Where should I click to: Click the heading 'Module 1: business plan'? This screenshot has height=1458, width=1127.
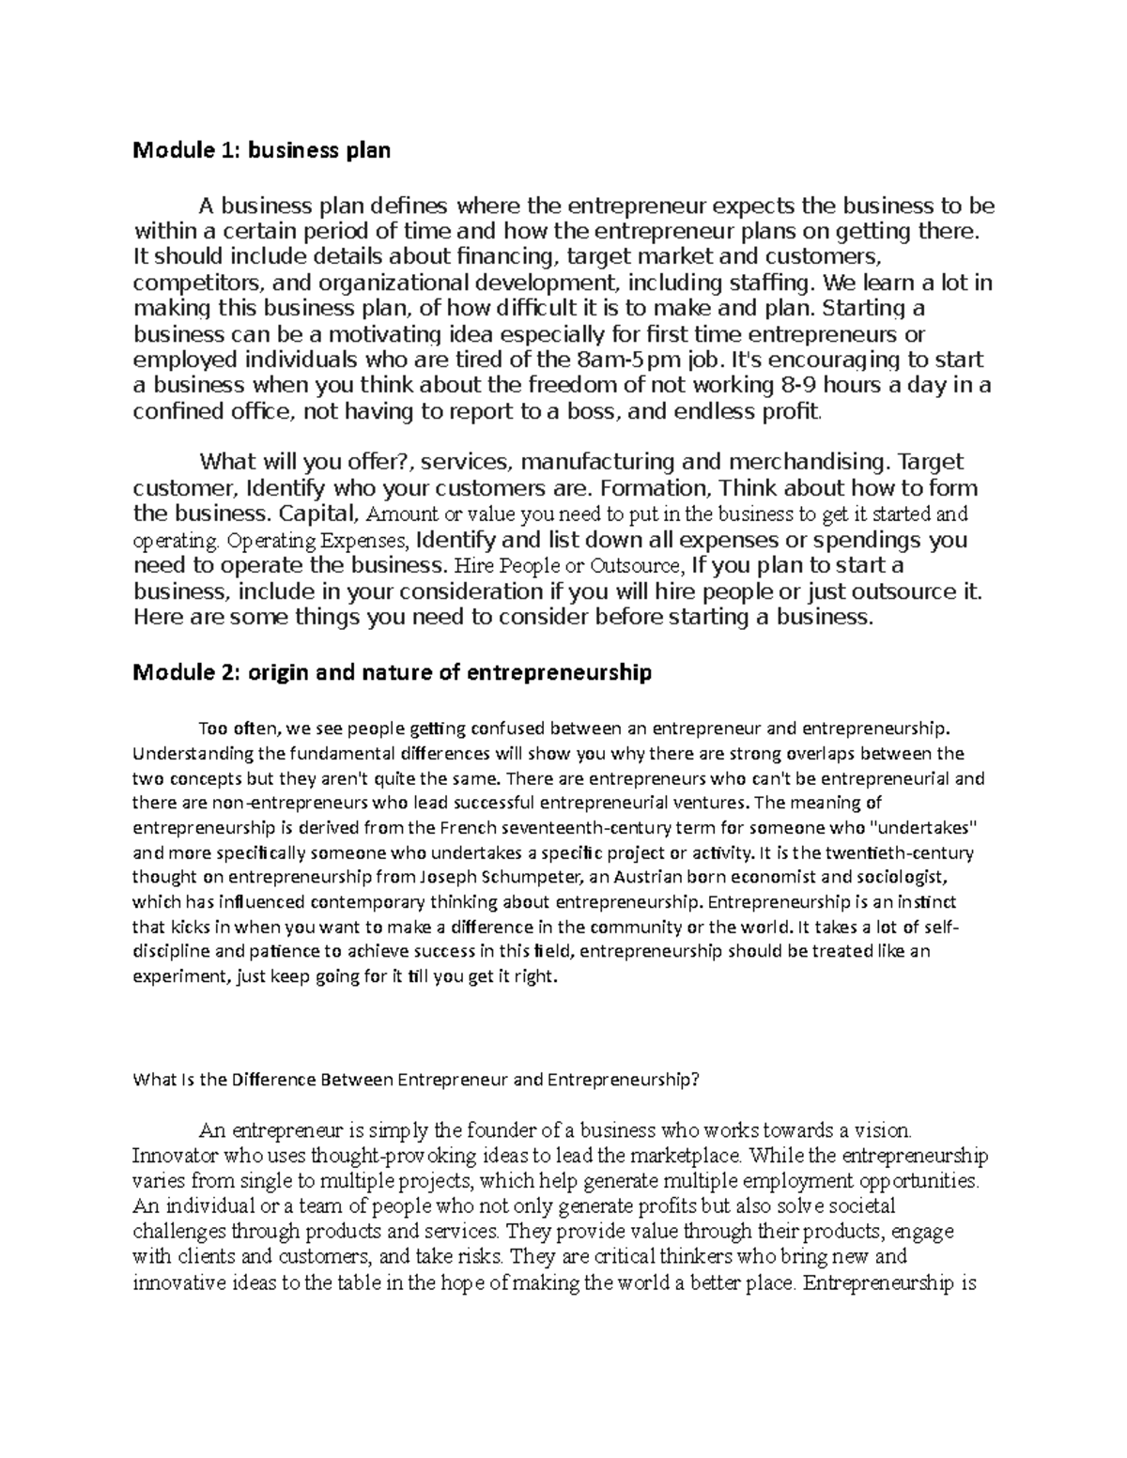[261, 150]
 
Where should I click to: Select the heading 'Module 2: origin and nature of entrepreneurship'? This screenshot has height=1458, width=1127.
[392, 673]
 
